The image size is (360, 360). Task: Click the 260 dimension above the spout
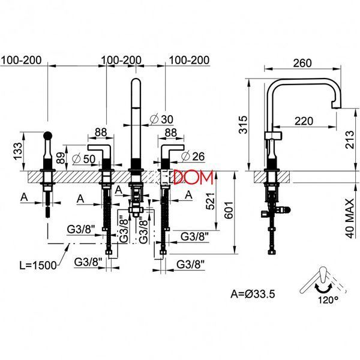point(302,63)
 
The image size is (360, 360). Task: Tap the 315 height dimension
point(244,125)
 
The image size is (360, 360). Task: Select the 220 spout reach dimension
point(304,121)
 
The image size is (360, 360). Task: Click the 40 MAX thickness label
point(350,218)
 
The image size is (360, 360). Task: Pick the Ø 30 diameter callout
point(161,119)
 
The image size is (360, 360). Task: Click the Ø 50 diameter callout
point(83,158)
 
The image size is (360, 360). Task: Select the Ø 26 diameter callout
point(193,157)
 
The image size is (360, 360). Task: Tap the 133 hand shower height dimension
point(17,151)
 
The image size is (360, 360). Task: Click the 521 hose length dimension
point(210,202)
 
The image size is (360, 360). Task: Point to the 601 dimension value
point(229,210)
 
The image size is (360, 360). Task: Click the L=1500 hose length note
point(38,265)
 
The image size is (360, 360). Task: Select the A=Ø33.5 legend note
point(253,293)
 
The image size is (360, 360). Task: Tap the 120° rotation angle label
point(328,300)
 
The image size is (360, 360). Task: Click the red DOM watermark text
point(193,177)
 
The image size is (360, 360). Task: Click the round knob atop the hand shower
point(48,135)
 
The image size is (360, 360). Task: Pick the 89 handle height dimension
point(61,157)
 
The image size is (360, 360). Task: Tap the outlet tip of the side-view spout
point(337,107)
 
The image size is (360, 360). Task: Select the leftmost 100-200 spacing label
point(22,60)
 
